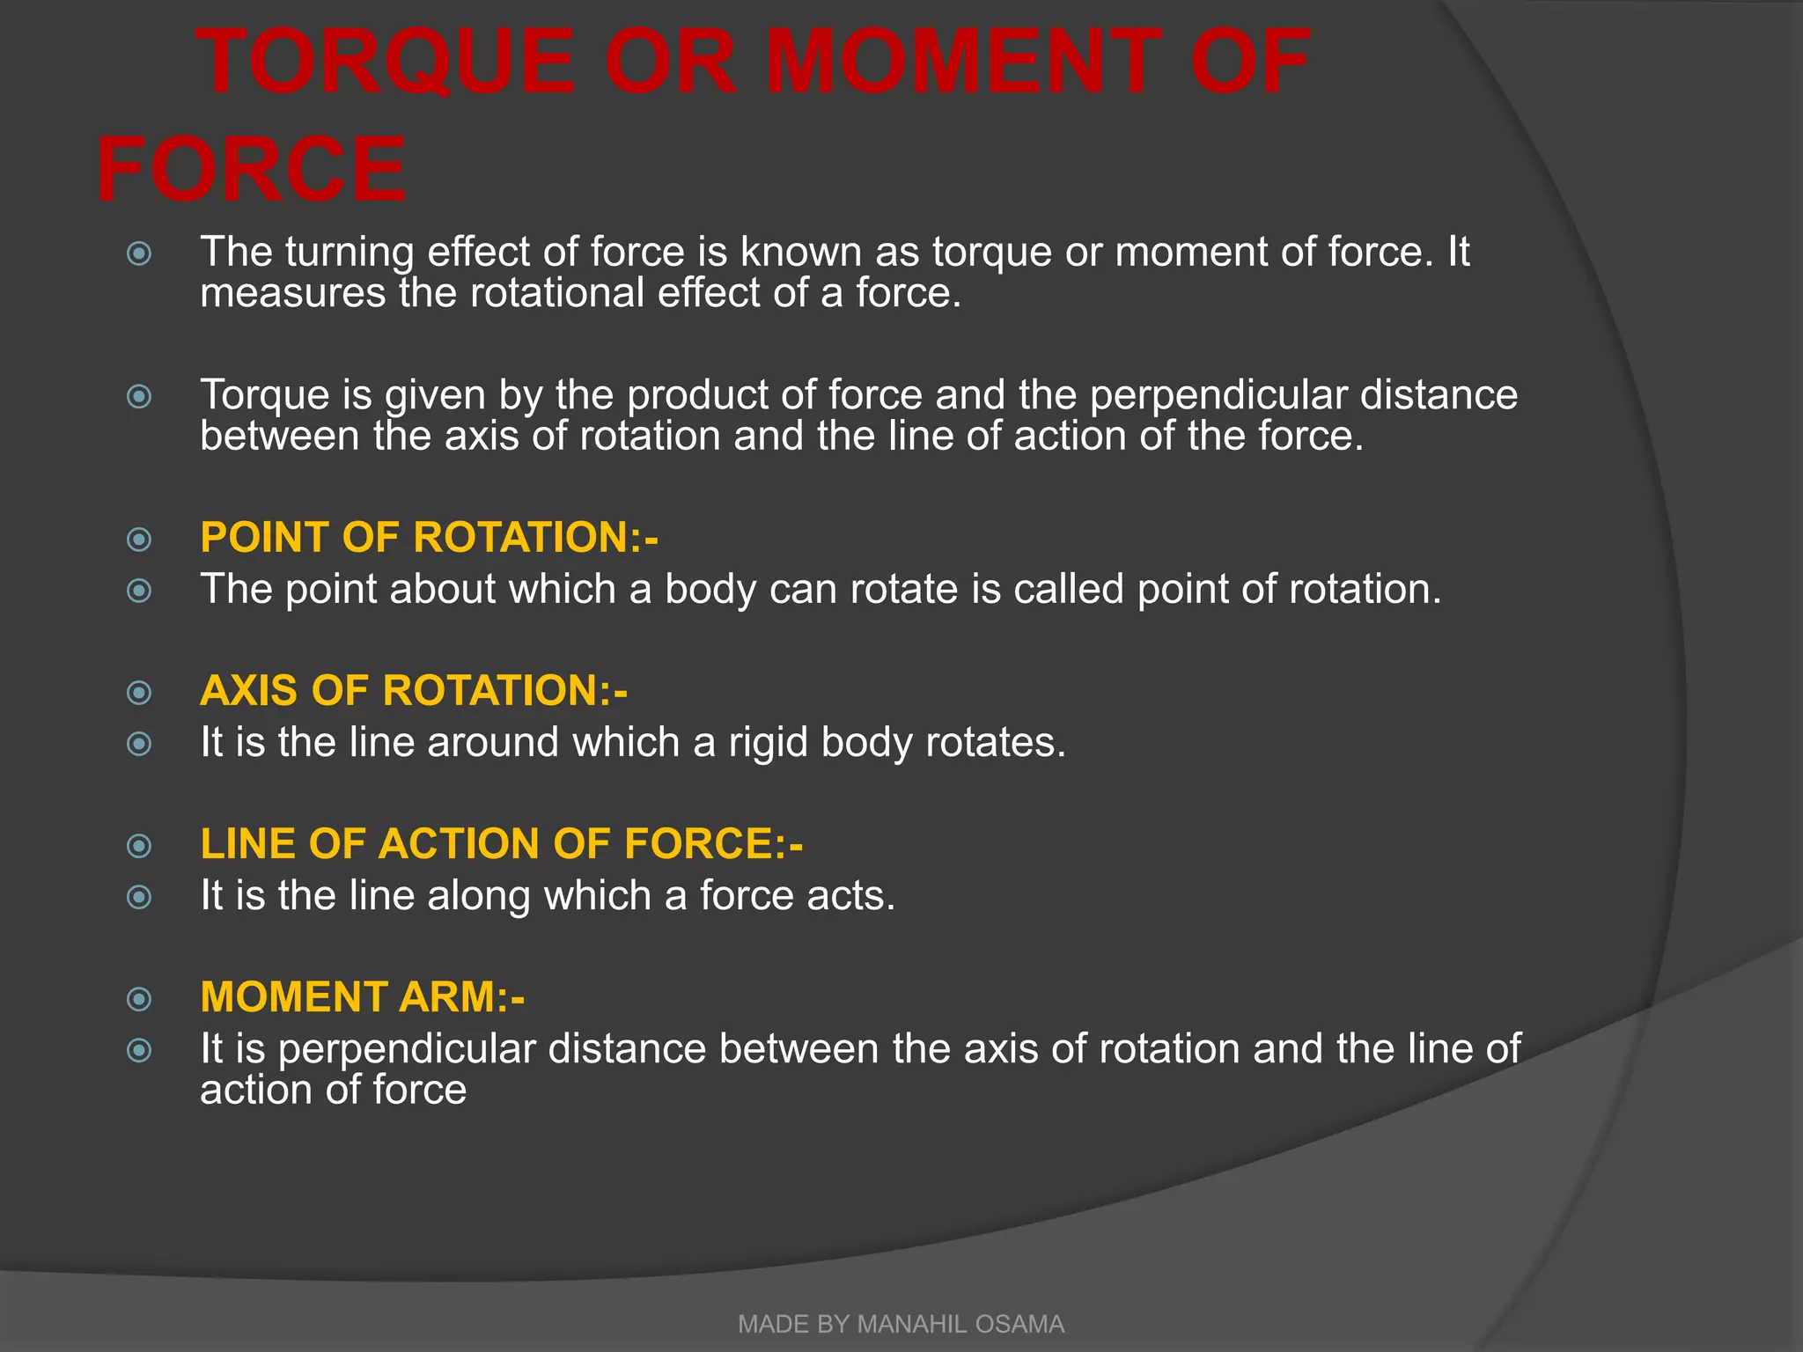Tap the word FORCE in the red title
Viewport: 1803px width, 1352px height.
coord(251,169)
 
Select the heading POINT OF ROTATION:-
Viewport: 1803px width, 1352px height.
coord(429,537)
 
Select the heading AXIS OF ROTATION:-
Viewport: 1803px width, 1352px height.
coord(414,690)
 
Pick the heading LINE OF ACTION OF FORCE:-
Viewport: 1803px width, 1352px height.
coord(501,843)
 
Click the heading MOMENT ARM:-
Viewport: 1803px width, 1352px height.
coord(362,996)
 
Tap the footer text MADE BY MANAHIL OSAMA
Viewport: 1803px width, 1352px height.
coord(901,1324)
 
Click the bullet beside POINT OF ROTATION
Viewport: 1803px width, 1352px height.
coord(139,539)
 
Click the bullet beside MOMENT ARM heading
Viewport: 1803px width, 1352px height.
coord(139,998)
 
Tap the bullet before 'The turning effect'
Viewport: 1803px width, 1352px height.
coord(139,254)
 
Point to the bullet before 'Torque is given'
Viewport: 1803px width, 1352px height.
coord(139,397)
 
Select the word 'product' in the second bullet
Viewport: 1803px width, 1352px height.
coord(696,395)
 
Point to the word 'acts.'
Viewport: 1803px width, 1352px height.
coord(851,896)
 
